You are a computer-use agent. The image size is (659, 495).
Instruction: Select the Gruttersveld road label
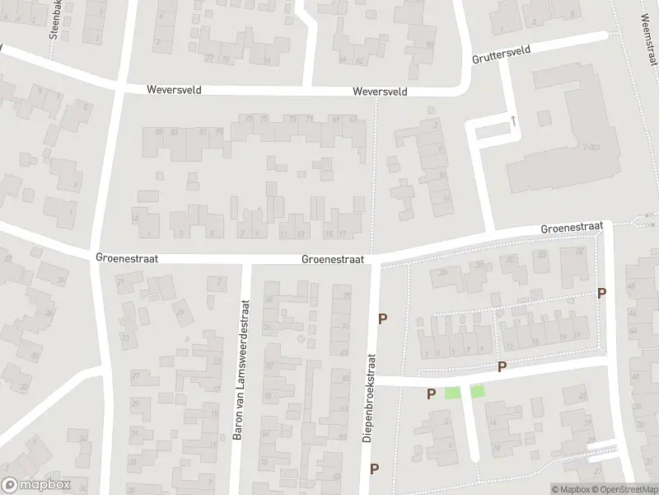tap(501, 55)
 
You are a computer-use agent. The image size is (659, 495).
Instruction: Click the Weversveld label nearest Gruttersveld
tap(380, 92)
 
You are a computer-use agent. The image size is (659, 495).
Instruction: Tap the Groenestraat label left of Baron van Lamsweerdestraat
tap(127, 258)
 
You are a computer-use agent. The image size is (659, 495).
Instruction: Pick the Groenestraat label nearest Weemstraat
tap(573, 227)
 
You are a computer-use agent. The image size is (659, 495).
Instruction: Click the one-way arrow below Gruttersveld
tap(514, 120)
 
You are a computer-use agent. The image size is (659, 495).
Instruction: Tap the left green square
tap(451, 393)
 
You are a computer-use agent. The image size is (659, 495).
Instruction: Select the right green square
tap(478, 392)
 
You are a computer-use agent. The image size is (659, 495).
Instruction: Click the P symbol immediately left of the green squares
tap(431, 394)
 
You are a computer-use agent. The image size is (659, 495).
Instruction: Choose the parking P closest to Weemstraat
tap(601, 293)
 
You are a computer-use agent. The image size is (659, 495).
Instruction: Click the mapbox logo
tap(36, 485)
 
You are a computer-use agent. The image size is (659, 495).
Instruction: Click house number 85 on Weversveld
tap(148, 132)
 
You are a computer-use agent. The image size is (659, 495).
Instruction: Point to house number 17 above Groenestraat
tap(343, 234)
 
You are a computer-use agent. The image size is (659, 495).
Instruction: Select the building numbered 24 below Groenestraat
tap(443, 272)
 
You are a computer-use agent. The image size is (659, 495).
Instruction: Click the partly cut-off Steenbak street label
tap(54, 21)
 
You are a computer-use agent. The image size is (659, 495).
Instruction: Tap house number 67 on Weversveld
tap(353, 120)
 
